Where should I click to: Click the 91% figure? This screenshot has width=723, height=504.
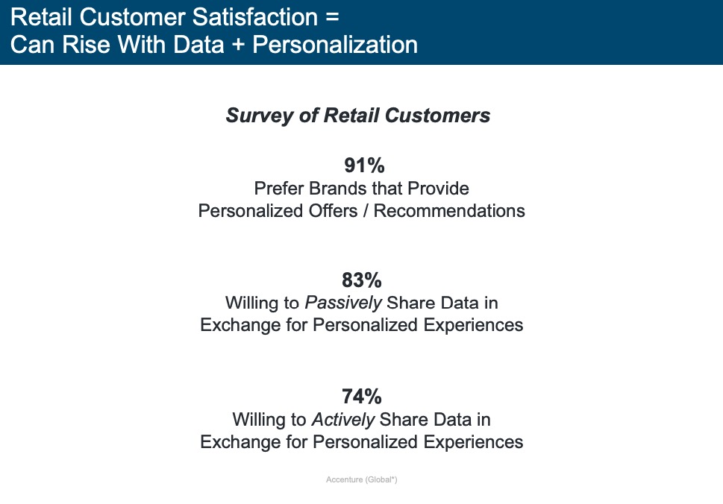[x=364, y=166]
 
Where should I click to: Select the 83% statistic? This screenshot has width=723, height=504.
[x=362, y=280]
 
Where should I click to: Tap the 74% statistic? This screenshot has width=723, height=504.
[x=362, y=396]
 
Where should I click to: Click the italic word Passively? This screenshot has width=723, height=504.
[x=343, y=303]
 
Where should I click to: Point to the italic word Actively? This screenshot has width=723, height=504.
[x=343, y=420]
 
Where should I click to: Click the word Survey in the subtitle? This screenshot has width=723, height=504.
[x=259, y=115]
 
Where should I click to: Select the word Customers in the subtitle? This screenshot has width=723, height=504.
[x=437, y=115]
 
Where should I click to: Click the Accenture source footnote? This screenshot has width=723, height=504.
[x=361, y=479]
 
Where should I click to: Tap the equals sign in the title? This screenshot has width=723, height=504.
[x=332, y=17]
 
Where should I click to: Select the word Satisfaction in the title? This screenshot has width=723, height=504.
[x=255, y=17]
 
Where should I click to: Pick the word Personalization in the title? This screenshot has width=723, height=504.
[x=335, y=45]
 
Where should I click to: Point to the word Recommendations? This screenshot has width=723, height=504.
[x=449, y=210]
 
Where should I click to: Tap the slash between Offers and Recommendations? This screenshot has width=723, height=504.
[x=366, y=210]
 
